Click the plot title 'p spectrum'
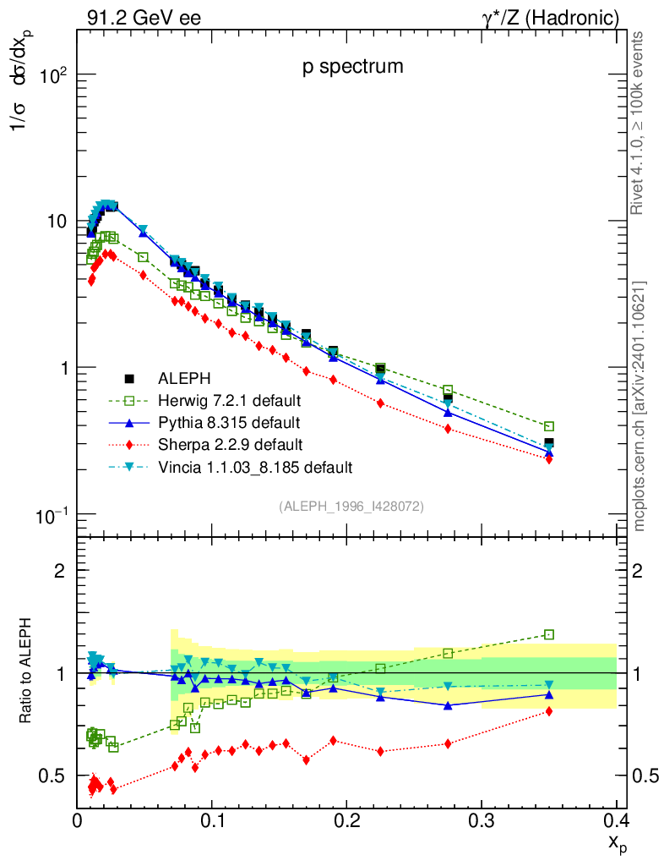coord(353,66)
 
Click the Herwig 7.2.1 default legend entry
coord(230,400)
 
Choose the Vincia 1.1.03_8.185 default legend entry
coord(255,467)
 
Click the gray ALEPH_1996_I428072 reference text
coord(351,506)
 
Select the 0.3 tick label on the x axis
coord(482,819)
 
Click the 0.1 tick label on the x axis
coord(212,819)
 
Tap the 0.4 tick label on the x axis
coord(616,819)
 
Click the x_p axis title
coord(617,843)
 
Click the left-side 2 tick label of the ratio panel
coord(60,571)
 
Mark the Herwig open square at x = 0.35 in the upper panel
coord(549,427)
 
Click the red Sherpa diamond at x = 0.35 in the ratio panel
coord(549,711)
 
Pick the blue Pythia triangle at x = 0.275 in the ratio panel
coord(448,705)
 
